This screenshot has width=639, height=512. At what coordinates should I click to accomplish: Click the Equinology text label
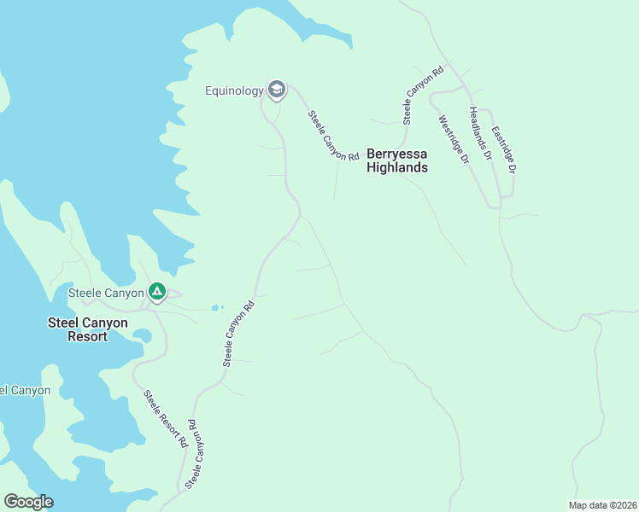pyautogui.click(x=235, y=90)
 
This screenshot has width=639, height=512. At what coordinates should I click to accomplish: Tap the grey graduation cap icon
pyautogui.click(x=276, y=89)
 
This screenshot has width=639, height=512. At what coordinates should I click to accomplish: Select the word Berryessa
pyautogui.click(x=396, y=154)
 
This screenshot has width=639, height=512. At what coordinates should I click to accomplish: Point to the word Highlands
pyautogui.click(x=396, y=168)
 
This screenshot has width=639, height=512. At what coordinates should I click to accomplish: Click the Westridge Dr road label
pyautogui.click(x=454, y=140)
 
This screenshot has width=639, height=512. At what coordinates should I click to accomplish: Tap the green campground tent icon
pyautogui.click(x=157, y=293)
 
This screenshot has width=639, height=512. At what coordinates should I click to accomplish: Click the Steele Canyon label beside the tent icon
pyautogui.click(x=106, y=294)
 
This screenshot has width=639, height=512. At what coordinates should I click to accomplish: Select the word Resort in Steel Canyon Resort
pyautogui.click(x=88, y=336)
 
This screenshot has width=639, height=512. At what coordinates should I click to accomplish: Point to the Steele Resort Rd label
pyautogui.click(x=165, y=419)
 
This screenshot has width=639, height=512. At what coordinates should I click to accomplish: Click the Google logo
pyautogui.click(x=28, y=502)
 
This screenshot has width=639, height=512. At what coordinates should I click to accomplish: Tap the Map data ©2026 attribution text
pyautogui.click(x=601, y=505)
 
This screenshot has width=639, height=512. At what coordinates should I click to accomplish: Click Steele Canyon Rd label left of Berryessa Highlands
pyautogui.click(x=333, y=136)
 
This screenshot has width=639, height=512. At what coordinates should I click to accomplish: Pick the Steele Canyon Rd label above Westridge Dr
pyautogui.click(x=425, y=93)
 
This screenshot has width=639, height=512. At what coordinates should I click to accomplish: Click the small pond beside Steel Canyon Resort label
pyautogui.click(x=143, y=335)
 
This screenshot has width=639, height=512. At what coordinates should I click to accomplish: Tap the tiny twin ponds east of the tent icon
pyautogui.click(x=216, y=307)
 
